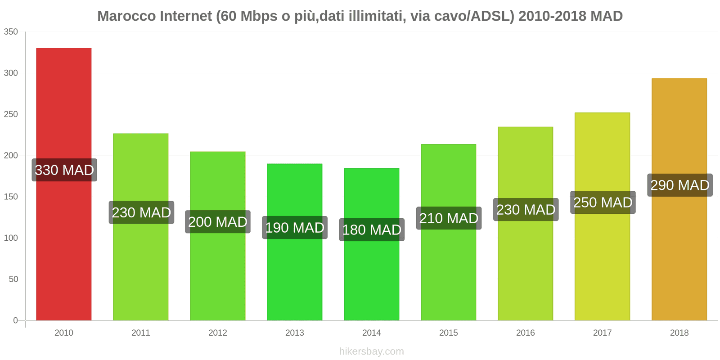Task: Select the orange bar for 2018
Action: click(x=679, y=252)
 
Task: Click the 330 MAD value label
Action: click(x=64, y=170)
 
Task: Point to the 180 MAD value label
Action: click(x=372, y=230)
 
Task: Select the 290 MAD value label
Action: click(x=679, y=185)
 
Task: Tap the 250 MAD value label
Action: click(x=603, y=202)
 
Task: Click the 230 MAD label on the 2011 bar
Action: click(x=141, y=212)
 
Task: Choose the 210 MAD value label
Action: click(x=449, y=218)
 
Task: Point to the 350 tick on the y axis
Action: click(x=11, y=32)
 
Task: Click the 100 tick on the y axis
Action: click(x=11, y=238)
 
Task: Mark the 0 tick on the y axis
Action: click(x=15, y=320)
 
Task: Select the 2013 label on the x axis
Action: click(x=295, y=333)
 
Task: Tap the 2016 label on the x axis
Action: click(x=526, y=333)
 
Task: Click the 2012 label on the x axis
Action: click(x=218, y=333)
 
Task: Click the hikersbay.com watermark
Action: click(x=372, y=351)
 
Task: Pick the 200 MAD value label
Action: click(x=218, y=222)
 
